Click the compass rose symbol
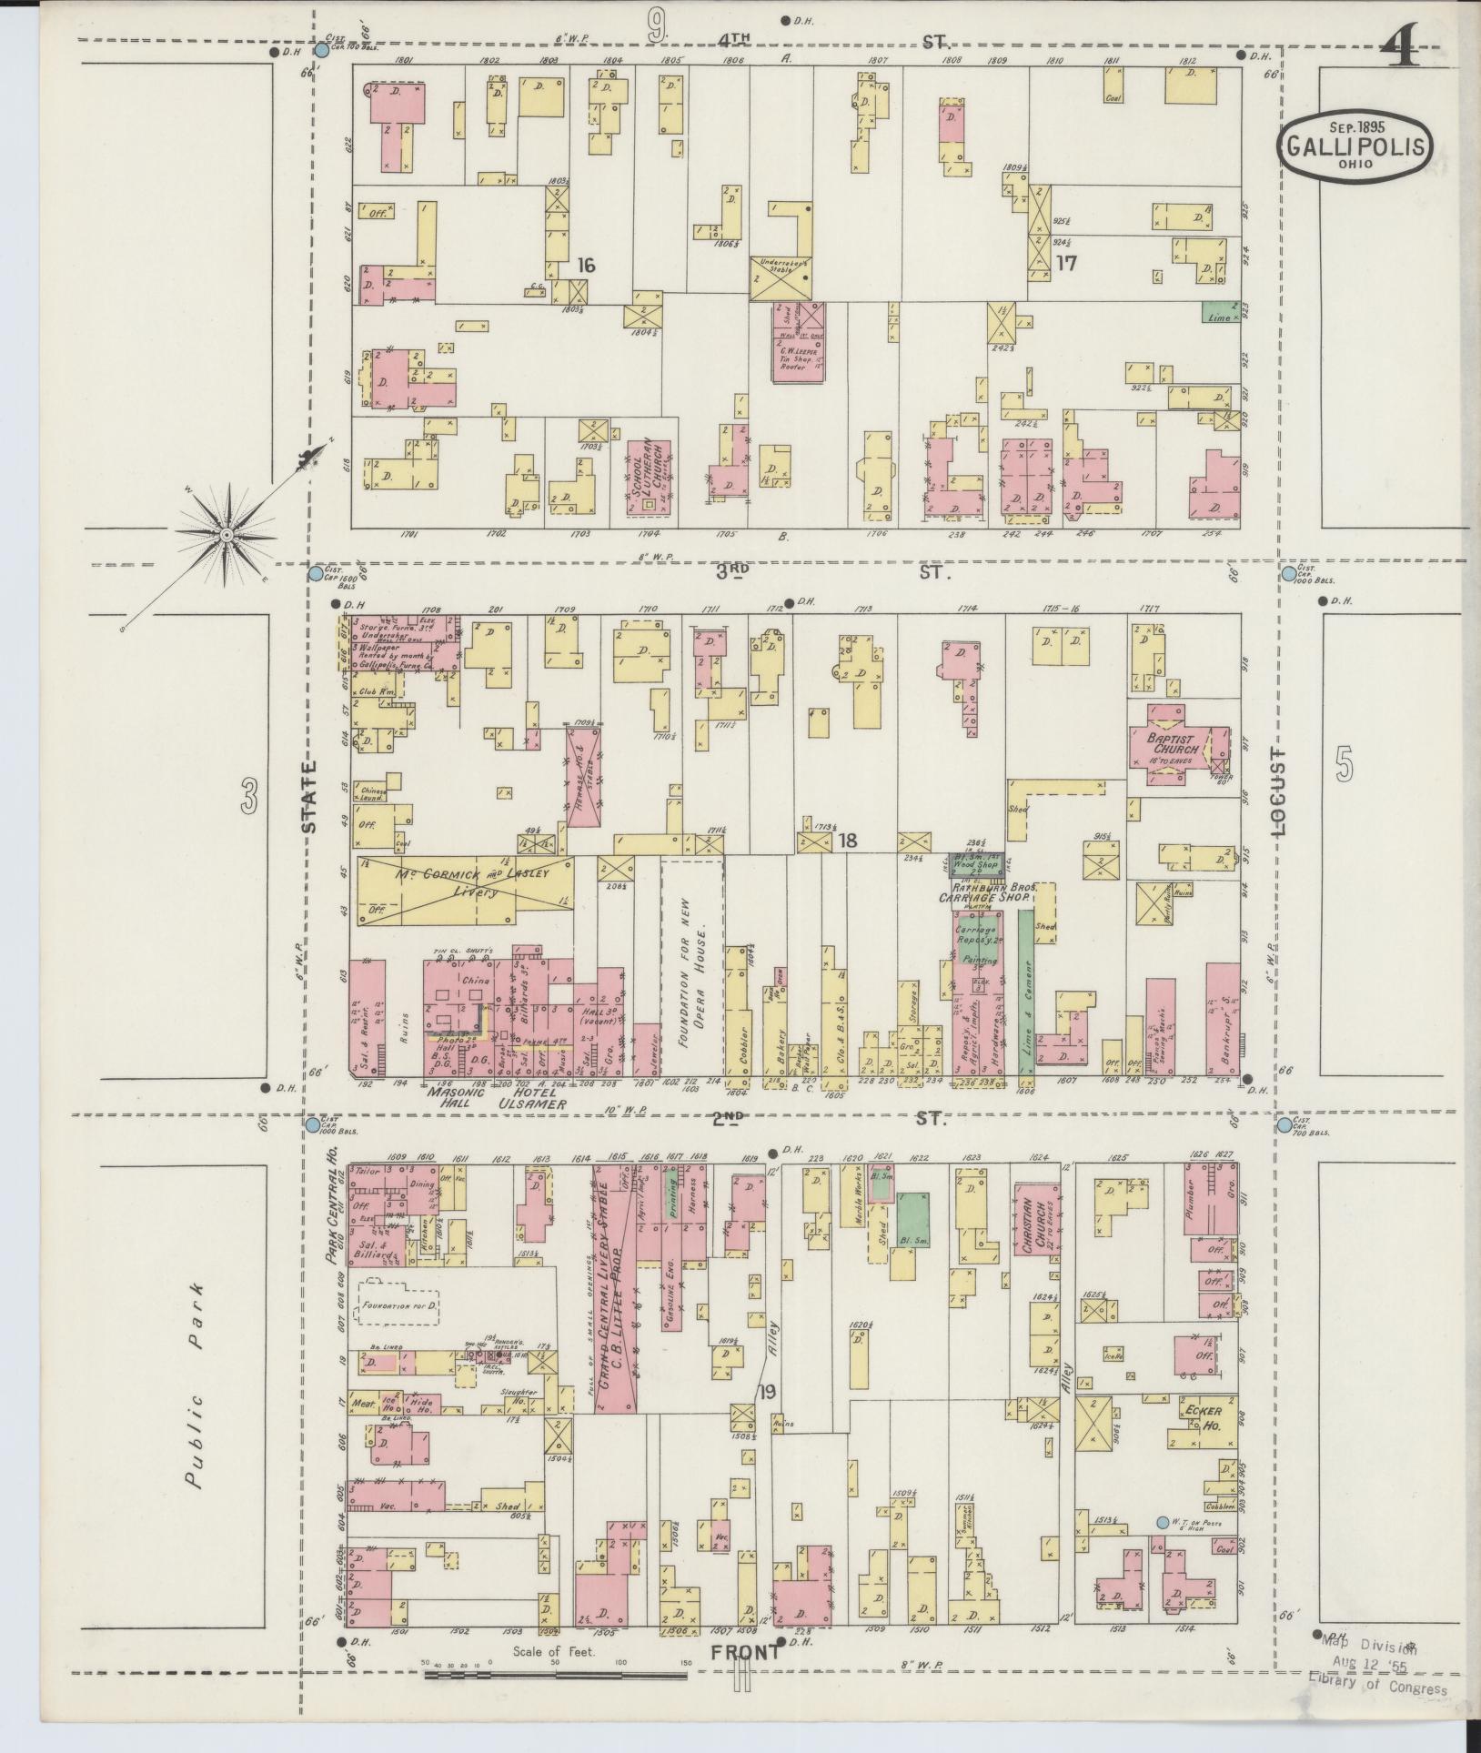coord(226,535)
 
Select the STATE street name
coord(309,797)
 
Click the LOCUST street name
coord(1279,793)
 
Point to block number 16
coord(585,266)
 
